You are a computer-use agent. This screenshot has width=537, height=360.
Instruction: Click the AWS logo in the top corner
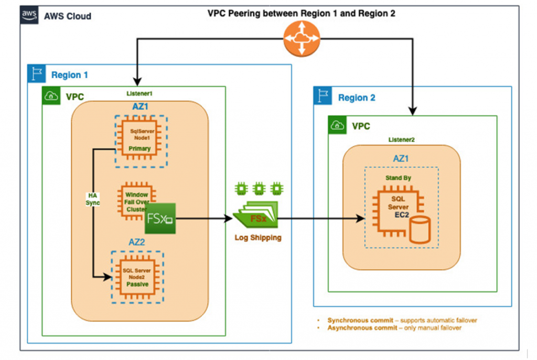(x=29, y=16)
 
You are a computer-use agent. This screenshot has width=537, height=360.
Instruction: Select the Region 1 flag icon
(x=36, y=74)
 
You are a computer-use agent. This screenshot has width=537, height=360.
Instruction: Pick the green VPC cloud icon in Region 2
(x=337, y=125)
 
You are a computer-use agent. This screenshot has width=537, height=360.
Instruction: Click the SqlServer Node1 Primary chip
(x=140, y=141)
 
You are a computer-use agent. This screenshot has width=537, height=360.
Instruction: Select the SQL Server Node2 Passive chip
(x=136, y=277)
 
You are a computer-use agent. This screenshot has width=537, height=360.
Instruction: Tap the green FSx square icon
(x=160, y=218)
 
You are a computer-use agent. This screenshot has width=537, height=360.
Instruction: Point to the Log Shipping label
(x=257, y=238)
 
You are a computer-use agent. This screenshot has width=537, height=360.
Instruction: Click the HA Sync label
(x=93, y=199)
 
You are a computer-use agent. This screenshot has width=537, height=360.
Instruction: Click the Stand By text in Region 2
(x=398, y=178)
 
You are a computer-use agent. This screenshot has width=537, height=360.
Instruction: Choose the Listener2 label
(x=402, y=140)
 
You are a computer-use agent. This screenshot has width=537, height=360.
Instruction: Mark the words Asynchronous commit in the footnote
(x=359, y=328)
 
